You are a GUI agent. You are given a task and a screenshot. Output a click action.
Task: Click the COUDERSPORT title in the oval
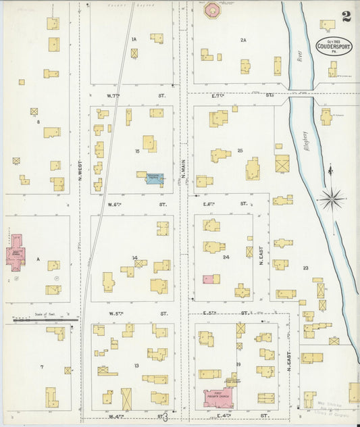pos(332,47)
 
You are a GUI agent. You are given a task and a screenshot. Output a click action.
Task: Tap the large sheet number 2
pos(346,17)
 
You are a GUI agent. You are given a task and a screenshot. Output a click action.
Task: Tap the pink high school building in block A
pos(16,253)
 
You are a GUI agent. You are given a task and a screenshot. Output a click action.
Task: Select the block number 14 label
pos(135,257)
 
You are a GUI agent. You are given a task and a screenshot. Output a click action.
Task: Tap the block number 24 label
pos(226,257)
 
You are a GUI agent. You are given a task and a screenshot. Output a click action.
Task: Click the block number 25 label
pos(240,150)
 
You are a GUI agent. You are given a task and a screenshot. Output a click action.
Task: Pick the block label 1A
pos(134,39)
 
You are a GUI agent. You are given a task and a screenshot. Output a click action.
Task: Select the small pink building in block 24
pos(211,278)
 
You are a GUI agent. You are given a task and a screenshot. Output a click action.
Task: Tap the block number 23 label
pos(305,268)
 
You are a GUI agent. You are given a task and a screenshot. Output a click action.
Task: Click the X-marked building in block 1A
pos(134,53)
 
